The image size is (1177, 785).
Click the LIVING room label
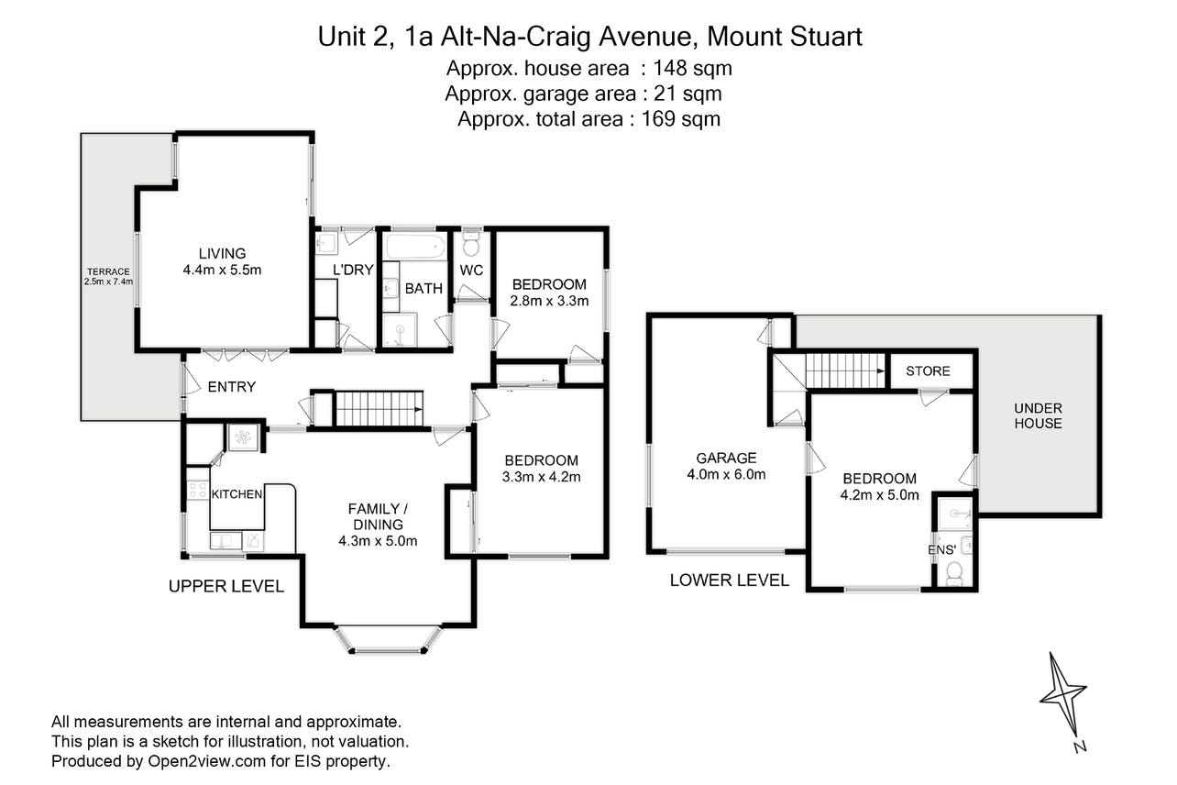click(x=222, y=253)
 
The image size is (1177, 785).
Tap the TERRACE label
click(x=108, y=271)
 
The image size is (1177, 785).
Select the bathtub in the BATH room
click(x=416, y=247)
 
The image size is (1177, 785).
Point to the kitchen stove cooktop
click(x=198, y=491)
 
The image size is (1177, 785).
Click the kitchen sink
click(x=225, y=540)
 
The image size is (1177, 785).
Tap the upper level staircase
click(x=379, y=408)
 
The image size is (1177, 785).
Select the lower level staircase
click(x=845, y=370)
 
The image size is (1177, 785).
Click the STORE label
click(x=928, y=371)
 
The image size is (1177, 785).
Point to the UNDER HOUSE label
click(x=1038, y=415)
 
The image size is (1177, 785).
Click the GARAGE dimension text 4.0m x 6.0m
click(x=726, y=474)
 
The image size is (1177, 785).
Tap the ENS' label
click(x=941, y=550)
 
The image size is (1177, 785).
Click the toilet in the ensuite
click(x=953, y=573)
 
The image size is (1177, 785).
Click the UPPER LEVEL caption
click(x=225, y=586)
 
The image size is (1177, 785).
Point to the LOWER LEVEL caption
click(x=730, y=580)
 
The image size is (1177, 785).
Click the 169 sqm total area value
click(x=680, y=119)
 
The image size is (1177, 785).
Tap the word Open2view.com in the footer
click(x=206, y=761)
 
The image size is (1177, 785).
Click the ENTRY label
click(x=232, y=387)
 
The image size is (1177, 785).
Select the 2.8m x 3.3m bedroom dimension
click(x=549, y=302)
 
